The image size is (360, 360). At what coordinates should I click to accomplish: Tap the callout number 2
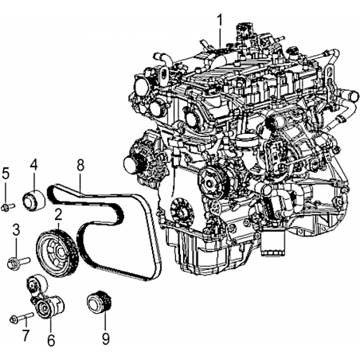point(58,215)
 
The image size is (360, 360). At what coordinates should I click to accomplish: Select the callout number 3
point(16,230)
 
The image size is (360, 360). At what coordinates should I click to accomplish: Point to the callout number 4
point(33,165)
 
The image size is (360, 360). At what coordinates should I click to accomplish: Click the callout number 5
point(6,174)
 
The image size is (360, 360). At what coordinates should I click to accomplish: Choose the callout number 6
point(51,340)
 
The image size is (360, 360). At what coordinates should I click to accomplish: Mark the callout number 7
point(25,335)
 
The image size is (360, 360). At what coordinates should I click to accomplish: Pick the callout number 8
point(80,165)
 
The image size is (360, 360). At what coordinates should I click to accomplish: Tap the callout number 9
point(105,338)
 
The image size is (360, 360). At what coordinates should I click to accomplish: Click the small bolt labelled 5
point(8,207)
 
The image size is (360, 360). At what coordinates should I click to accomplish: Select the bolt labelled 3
point(18,263)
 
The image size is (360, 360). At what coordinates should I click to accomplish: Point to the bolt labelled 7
point(22,318)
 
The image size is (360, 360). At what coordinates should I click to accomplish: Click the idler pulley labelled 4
point(34,201)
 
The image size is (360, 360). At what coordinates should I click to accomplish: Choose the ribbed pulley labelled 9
point(100,303)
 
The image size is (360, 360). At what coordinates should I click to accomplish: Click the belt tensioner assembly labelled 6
point(45,299)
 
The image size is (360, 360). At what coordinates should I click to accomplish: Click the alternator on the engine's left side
point(145,162)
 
